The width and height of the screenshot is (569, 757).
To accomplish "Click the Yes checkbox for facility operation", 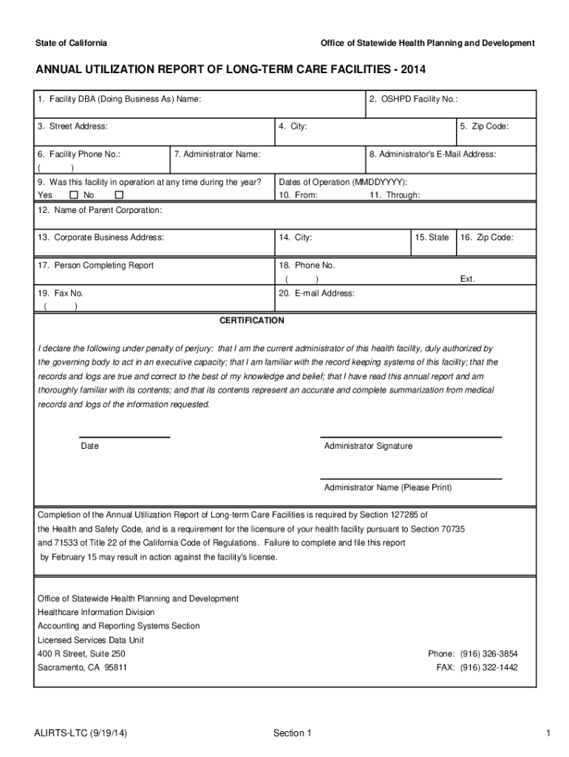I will click(73, 195).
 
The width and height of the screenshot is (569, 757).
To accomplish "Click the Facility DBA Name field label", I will click(119, 99).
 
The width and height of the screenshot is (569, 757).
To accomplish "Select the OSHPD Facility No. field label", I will click(414, 99).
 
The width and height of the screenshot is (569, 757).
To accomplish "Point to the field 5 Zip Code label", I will click(484, 126).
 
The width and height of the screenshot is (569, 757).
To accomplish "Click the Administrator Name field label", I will click(217, 155).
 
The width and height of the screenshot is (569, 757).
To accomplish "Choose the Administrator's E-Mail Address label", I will click(432, 155).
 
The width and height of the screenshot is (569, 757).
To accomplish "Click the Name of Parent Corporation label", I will click(100, 210).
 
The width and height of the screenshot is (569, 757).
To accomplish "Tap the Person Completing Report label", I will click(95, 265).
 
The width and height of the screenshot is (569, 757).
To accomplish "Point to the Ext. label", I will click(467, 279).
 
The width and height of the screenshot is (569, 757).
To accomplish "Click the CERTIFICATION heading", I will click(251, 320).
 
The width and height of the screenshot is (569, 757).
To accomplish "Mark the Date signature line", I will click(124, 437).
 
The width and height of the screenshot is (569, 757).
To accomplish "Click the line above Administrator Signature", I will click(411, 437).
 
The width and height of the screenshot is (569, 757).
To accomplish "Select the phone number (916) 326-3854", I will click(488, 654).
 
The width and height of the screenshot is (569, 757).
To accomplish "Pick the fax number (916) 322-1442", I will click(488, 667).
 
